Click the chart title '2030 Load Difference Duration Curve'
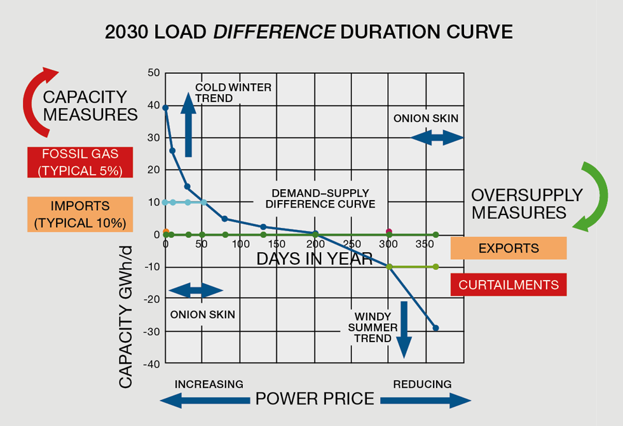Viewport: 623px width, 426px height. tap(308, 32)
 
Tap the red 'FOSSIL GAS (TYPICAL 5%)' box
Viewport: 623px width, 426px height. tap(80, 162)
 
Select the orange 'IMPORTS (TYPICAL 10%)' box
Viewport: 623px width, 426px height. tap(80, 215)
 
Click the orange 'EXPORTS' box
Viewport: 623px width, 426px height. tap(508, 248)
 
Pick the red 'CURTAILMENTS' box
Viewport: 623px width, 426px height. tap(508, 284)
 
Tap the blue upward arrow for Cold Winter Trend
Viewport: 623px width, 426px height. tap(188, 124)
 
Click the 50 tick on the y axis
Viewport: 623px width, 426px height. tap(154, 72)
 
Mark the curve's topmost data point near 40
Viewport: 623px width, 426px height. tap(165, 108)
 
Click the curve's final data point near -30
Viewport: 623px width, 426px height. tap(435, 328)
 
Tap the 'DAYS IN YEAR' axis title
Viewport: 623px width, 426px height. tap(314, 258)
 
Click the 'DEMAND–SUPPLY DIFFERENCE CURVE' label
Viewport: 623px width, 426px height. tap(320, 198)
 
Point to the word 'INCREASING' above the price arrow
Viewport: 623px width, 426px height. tap(209, 384)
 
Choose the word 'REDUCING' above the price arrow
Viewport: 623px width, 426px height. tap(422, 384)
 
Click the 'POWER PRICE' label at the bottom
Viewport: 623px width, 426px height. tap(315, 399)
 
